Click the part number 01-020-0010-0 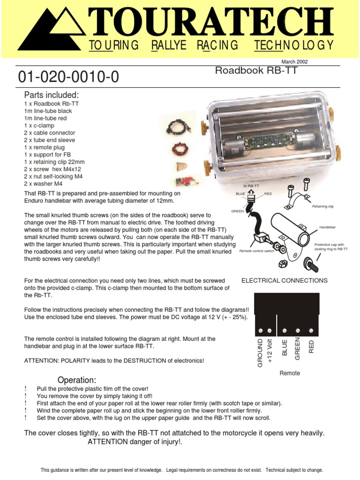click(68, 77)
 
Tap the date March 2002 click(294, 61)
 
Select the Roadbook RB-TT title click(256, 71)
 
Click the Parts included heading click(52, 95)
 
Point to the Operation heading click(76, 379)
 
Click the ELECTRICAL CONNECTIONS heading click(285, 280)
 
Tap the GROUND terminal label click(261, 352)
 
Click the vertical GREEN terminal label click(297, 348)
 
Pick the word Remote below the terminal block click(289, 373)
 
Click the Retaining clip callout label click(323, 206)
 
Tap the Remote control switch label click(256, 251)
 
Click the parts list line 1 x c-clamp click(39, 126)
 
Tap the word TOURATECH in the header click(210, 23)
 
